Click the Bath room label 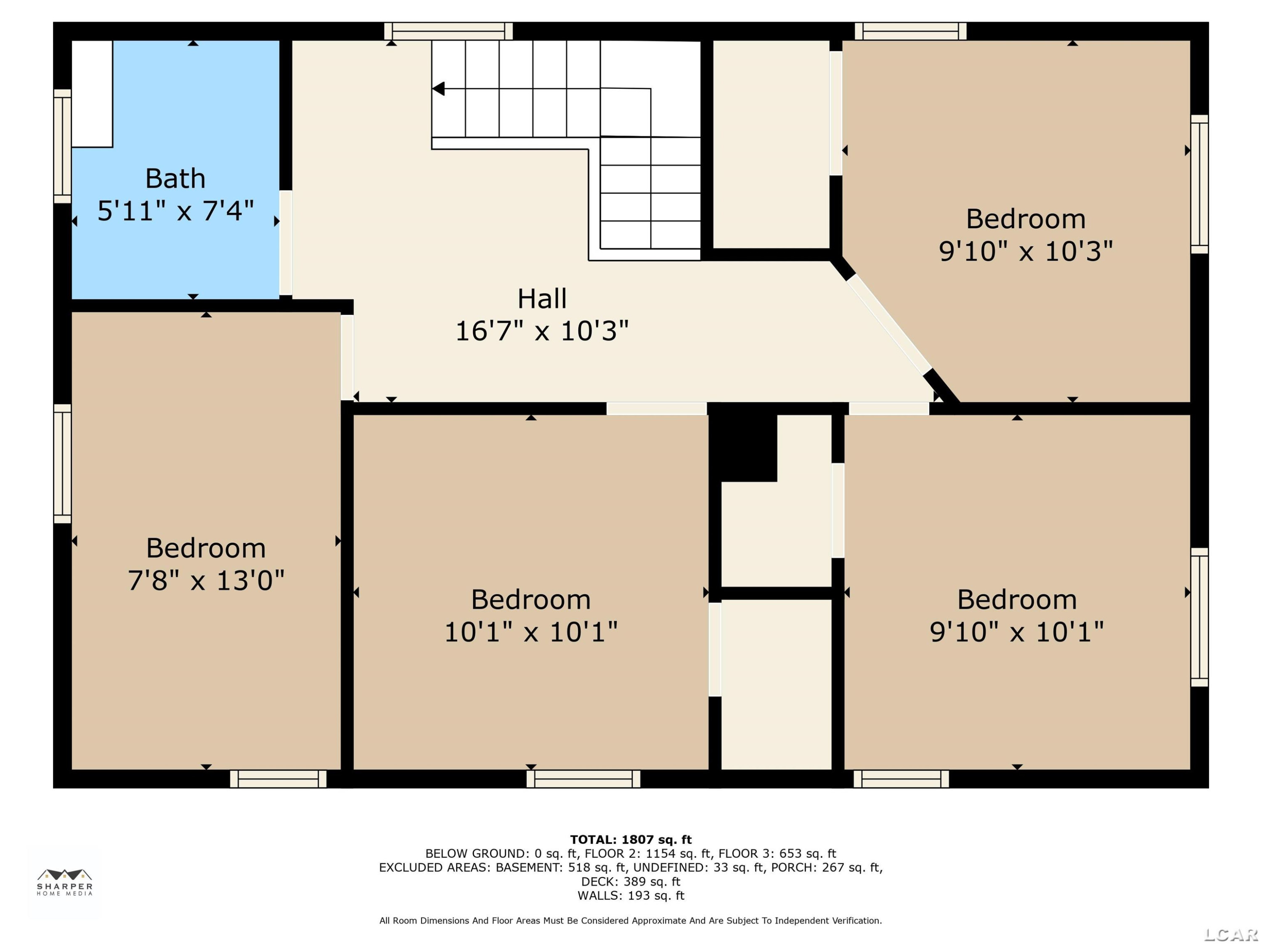tap(175, 179)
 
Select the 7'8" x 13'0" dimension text tap(206, 580)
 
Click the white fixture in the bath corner tap(92, 93)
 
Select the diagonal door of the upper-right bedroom tap(888, 323)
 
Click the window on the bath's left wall tap(62, 146)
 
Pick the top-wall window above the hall tap(448, 31)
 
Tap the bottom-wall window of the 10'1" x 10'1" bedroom tap(583, 779)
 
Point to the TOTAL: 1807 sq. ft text tap(631, 840)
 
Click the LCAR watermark tap(1231, 934)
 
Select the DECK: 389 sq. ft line tap(631, 881)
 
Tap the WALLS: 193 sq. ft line tap(631, 896)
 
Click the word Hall tap(542, 298)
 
